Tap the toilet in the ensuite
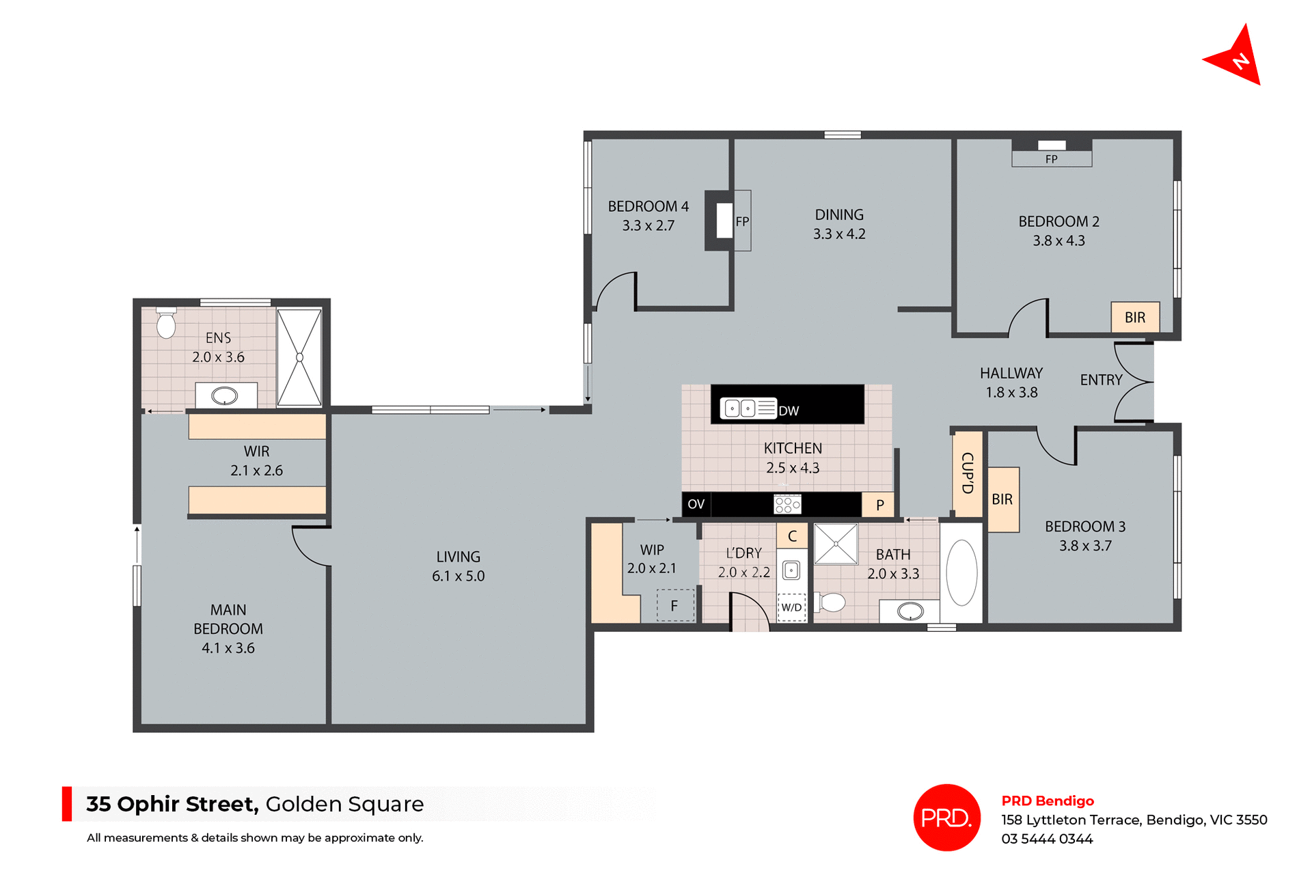tap(166, 324)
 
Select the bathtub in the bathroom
tap(961, 572)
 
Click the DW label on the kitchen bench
tap(789, 411)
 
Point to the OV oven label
tap(696, 504)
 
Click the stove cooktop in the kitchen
tap(787, 505)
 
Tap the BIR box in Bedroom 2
tap(1134, 318)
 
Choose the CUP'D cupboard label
tap(967, 473)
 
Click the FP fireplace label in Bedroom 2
tap(1051, 159)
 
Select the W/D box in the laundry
tap(791, 607)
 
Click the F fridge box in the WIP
tap(674, 605)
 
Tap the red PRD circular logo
tap(946, 817)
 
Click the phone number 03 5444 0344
tap(1047, 839)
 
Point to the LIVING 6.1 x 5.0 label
tap(458, 566)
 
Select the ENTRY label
tap(1101, 380)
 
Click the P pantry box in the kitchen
tap(879, 505)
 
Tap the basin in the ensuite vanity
tap(225, 395)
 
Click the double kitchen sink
tap(740, 408)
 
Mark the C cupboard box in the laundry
tap(792, 536)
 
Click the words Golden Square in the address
tap(344, 804)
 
